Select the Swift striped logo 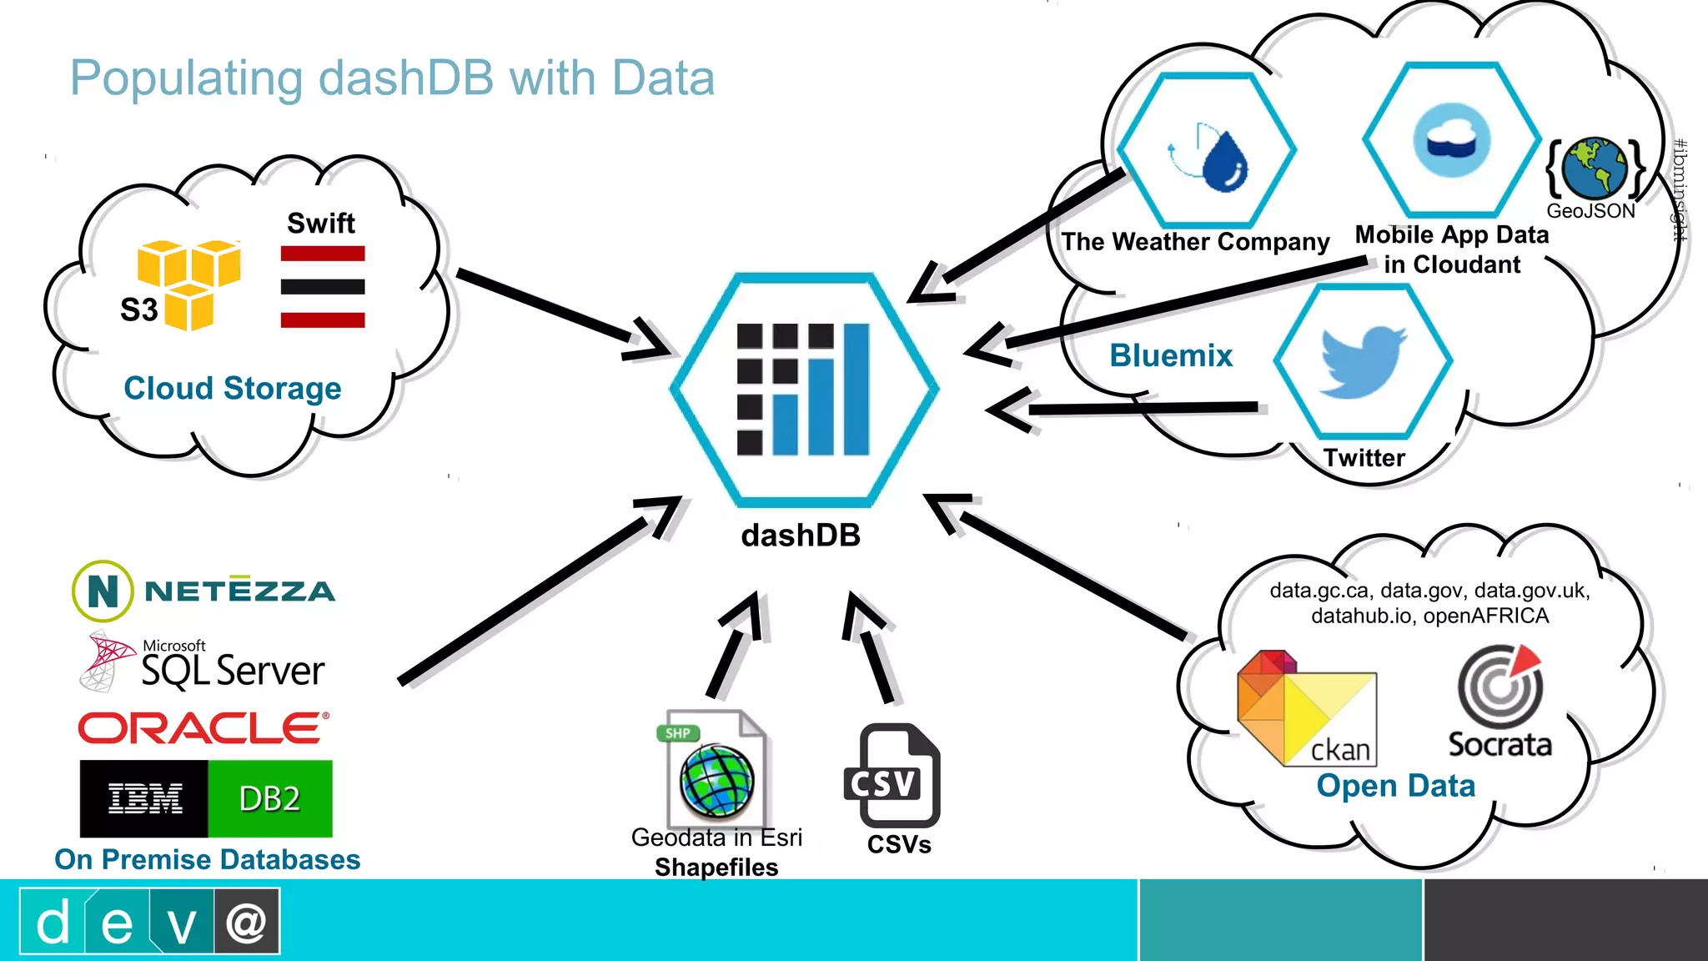tap(323, 286)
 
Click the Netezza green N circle tap(103, 591)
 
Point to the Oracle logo tap(203, 728)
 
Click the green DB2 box tap(269, 798)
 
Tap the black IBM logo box tap(144, 798)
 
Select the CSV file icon tap(892, 776)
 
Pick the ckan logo tap(1306, 709)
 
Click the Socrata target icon tap(1500, 687)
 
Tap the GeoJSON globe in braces tap(1594, 168)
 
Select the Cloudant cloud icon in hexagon tap(1451, 140)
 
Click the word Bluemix tap(1170, 355)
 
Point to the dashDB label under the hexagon tap(800, 536)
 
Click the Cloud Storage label tap(233, 388)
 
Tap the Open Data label tap(1395, 786)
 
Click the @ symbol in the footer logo tap(246, 922)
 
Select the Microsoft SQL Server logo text tap(232, 670)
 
